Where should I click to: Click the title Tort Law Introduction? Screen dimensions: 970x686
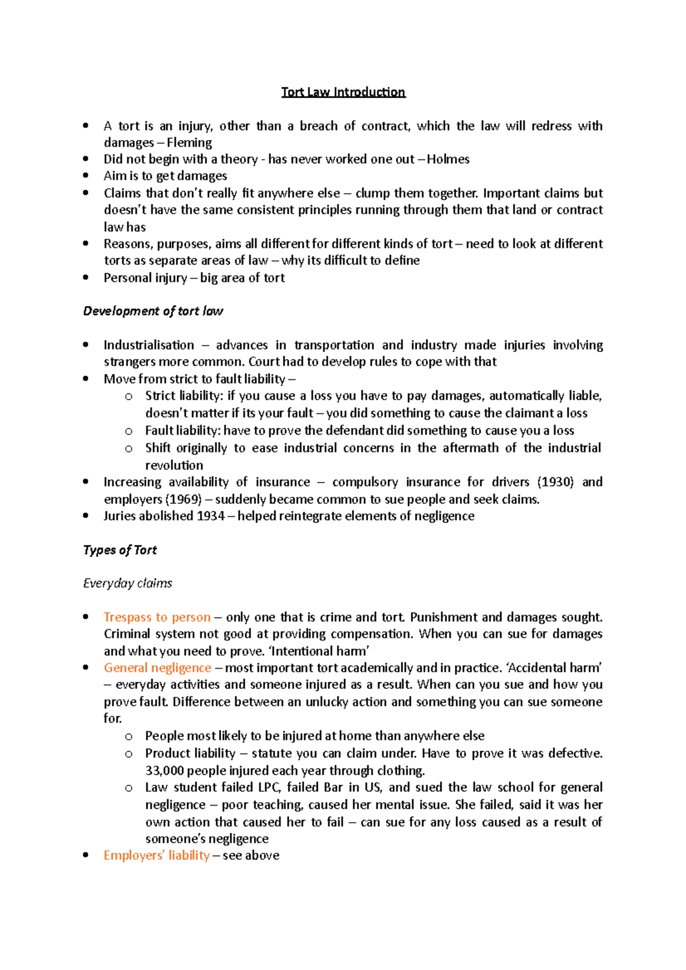pyautogui.click(x=343, y=92)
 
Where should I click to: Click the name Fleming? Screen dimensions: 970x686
pyautogui.click(x=189, y=142)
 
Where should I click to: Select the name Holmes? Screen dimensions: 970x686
pyautogui.click(x=448, y=159)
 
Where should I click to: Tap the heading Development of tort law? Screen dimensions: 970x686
pyautogui.click(x=153, y=311)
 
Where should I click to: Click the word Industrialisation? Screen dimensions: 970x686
pyautogui.click(x=149, y=345)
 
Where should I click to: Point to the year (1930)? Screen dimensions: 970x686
pyautogui.click(x=556, y=482)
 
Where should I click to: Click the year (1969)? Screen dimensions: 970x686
pyautogui.click(x=184, y=499)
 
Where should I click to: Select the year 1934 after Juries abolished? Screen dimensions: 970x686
pyautogui.click(x=210, y=516)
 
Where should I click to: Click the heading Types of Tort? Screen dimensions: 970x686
pyautogui.click(x=120, y=550)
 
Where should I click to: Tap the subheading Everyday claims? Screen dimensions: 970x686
pyautogui.click(x=127, y=583)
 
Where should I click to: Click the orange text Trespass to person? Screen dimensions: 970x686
pyautogui.click(x=157, y=617)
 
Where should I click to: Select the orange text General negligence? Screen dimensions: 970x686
pyautogui.click(x=157, y=668)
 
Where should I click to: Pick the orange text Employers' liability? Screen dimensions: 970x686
pyautogui.click(x=157, y=855)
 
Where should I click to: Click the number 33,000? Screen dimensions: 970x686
pyautogui.click(x=165, y=771)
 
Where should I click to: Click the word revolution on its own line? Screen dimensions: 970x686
pyautogui.click(x=174, y=465)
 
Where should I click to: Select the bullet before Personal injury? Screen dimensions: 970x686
pyautogui.click(x=86, y=278)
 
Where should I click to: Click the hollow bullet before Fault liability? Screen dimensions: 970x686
pyautogui.click(x=129, y=431)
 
